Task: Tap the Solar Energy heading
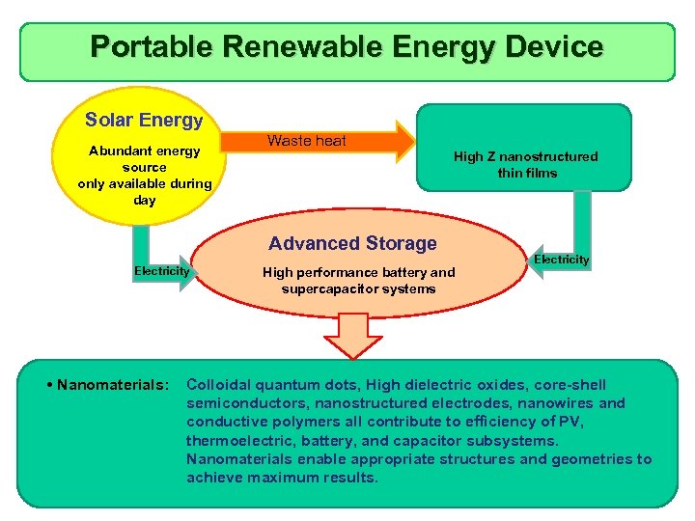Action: (x=144, y=121)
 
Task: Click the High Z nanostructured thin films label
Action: (x=525, y=164)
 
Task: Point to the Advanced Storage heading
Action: (x=352, y=243)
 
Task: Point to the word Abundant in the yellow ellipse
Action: (x=117, y=151)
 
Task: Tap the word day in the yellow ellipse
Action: (x=145, y=200)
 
